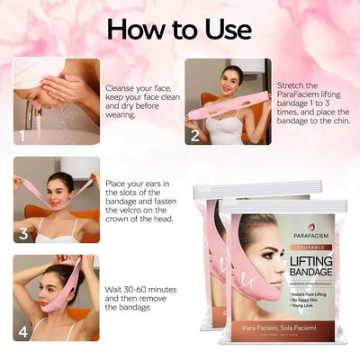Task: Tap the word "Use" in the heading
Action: [226, 28]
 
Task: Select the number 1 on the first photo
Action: [22, 138]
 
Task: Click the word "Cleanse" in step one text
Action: [121, 63]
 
